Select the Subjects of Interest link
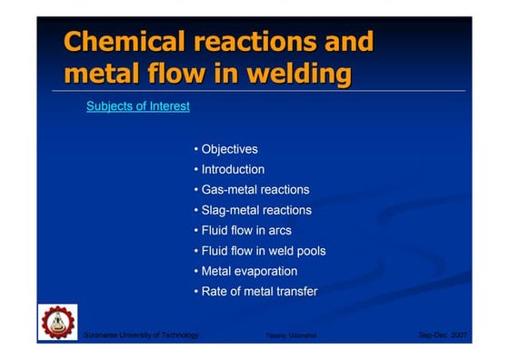point(138,106)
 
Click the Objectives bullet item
point(225,149)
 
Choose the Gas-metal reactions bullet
point(251,190)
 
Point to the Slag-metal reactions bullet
point(253,210)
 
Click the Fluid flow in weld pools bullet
point(259,251)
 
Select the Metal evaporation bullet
point(245,271)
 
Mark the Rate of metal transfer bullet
point(255,292)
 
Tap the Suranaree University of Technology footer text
point(141,335)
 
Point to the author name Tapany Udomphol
point(284,336)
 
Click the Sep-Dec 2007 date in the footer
point(443,335)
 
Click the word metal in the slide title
point(103,74)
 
